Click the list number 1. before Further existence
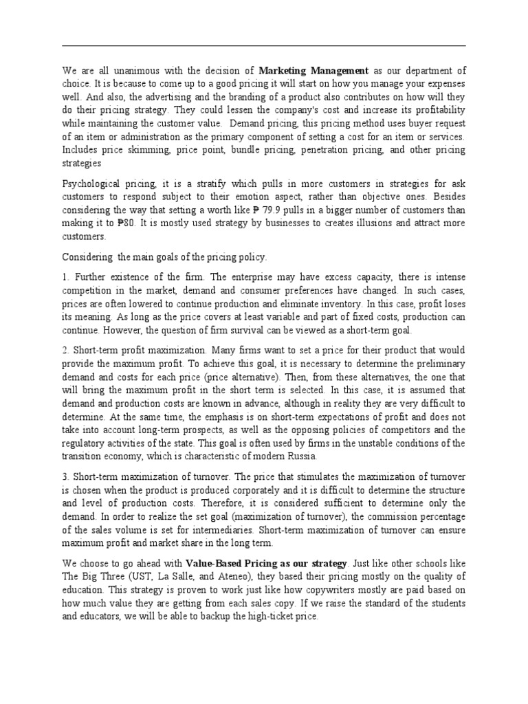click(x=67, y=277)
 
